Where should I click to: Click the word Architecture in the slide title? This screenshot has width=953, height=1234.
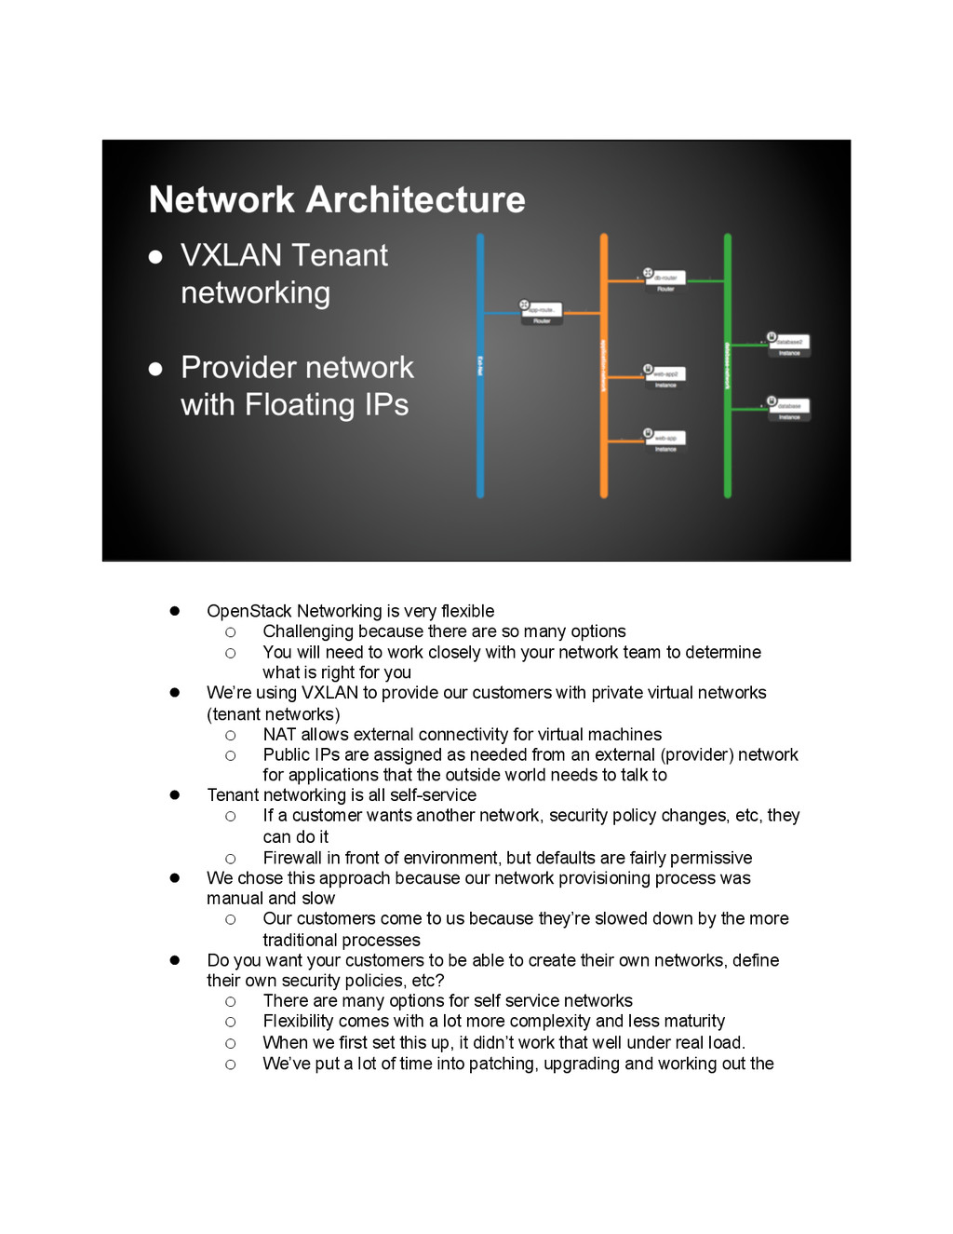tap(416, 199)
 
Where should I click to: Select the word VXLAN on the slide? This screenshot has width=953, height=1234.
tap(231, 255)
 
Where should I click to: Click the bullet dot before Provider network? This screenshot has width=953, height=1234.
tap(156, 369)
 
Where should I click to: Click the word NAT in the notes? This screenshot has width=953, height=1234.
tap(279, 735)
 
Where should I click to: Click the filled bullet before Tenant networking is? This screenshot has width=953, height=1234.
tap(174, 794)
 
